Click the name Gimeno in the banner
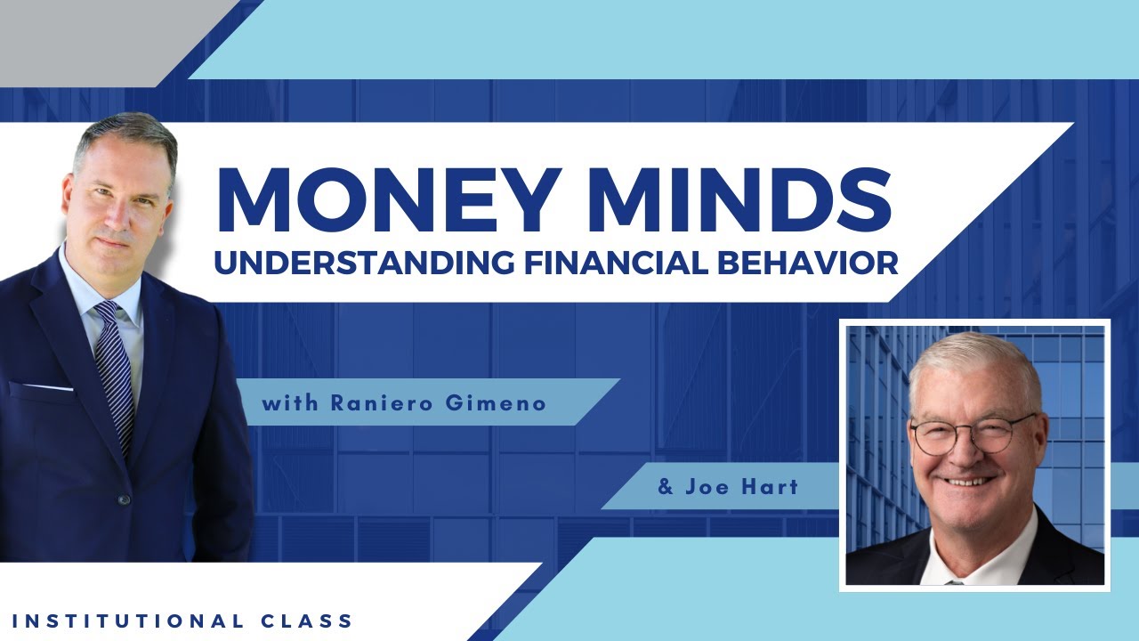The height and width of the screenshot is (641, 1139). (x=503, y=403)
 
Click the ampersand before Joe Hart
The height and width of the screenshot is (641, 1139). (x=665, y=488)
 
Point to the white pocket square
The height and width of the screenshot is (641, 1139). (x=44, y=386)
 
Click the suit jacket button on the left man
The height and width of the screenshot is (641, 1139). (x=125, y=499)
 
